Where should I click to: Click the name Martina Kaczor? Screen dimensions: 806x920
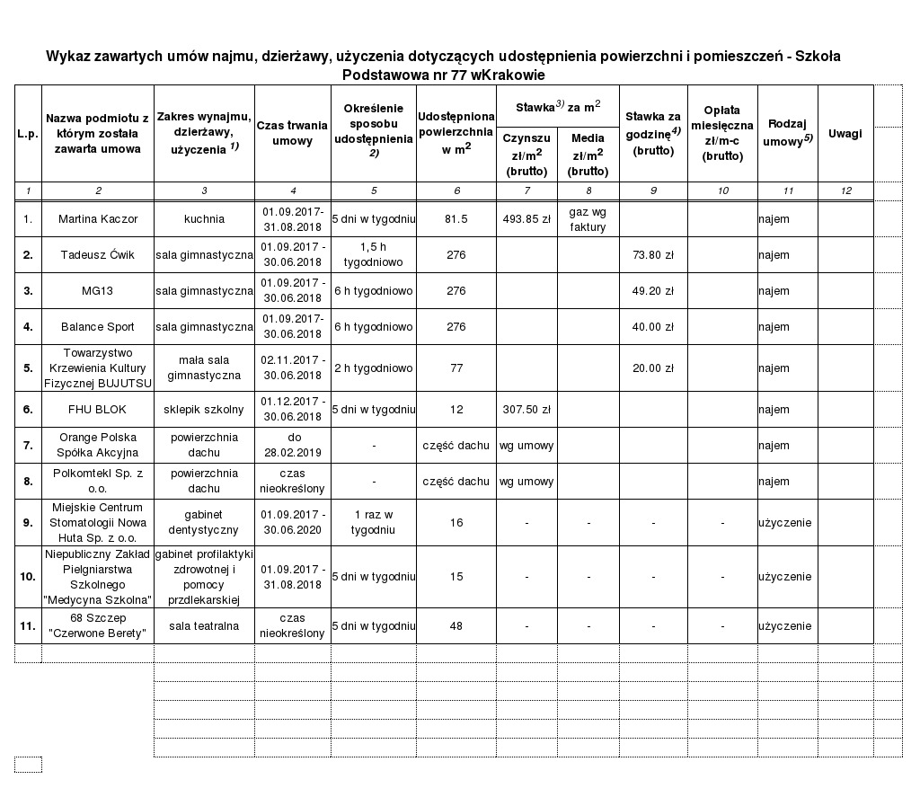pyautogui.click(x=97, y=219)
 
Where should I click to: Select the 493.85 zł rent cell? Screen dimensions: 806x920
pyautogui.click(x=526, y=219)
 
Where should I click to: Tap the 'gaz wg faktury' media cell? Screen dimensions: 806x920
pyautogui.click(x=588, y=219)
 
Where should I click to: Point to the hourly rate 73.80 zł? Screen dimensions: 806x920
pyautogui.click(x=653, y=255)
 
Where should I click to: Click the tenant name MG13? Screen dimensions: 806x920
pyautogui.click(x=97, y=291)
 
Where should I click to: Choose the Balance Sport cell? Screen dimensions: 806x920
pyautogui.click(x=97, y=327)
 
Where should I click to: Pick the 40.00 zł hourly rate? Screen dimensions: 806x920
pyautogui.click(x=653, y=327)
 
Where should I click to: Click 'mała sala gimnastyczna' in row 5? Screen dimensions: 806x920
pyautogui.click(x=204, y=368)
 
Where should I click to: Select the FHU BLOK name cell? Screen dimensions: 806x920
pyautogui.click(x=97, y=410)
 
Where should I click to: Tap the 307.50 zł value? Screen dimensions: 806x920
pyautogui.click(x=526, y=410)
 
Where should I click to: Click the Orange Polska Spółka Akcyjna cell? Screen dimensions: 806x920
pyautogui.click(x=97, y=445)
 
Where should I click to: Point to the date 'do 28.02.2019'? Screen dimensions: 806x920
pyautogui.click(x=292, y=445)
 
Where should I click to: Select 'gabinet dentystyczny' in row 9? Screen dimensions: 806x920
pyautogui.click(x=204, y=522)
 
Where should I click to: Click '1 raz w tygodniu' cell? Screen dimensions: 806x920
pyautogui.click(x=373, y=522)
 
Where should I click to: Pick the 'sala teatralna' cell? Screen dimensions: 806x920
pyautogui.click(x=204, y=626)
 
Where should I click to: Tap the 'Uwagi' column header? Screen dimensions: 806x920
pyautogui.click(x=845, y=134)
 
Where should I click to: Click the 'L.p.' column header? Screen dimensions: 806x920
pyautogui.click(x=28, y=134)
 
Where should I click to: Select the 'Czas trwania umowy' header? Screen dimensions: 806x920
pyautogui.click(x=292, y=134)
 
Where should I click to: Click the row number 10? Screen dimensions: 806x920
pyautogui.click(x=28, y=576)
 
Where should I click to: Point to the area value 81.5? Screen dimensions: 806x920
pyautogui.click(x=456, y=219)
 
